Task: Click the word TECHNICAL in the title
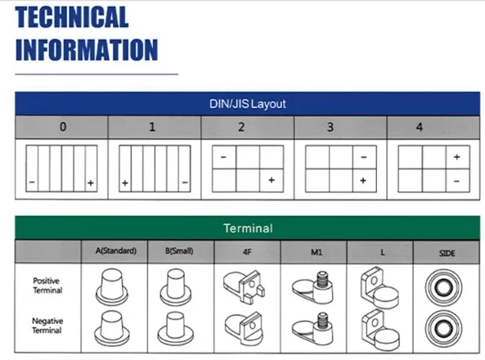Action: tap(72, 17)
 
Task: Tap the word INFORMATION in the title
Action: tap(87, 50)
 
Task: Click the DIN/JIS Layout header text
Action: tap(248, 104)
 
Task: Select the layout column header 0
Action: tap(63, 127)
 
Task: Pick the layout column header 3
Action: tap(330, 127)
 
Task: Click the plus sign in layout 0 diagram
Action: tap(90, 183)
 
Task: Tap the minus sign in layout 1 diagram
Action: tap(185, 182)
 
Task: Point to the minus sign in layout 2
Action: tap(223, 157)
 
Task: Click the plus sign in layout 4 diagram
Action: tap(457, 157)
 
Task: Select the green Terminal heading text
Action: tap(248, 228)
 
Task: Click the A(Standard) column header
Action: tap(116, 250)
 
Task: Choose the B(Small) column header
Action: tap(179, 250)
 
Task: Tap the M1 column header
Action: tap(317, 252)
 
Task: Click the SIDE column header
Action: tap(447, 254)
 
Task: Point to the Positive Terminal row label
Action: tap(47, 286)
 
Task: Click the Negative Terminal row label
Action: tap(47, 326)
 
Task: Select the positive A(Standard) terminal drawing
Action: tap(112, 286)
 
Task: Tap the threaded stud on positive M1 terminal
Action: tap(322, 278)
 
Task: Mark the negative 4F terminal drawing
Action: tap(244, 329)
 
